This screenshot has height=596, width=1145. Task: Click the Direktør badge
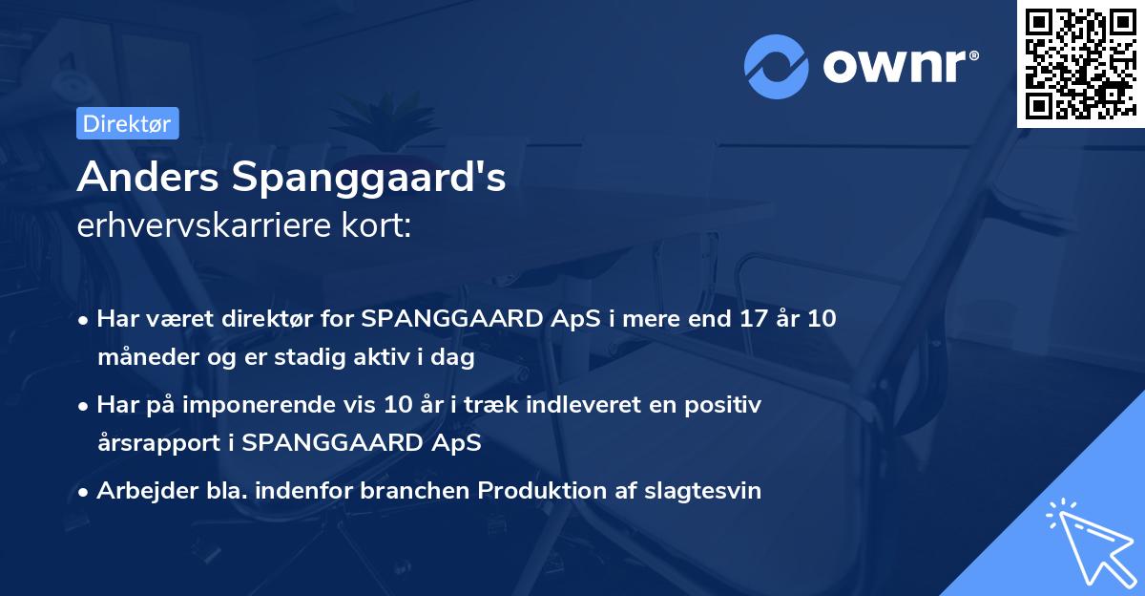pos(127,123)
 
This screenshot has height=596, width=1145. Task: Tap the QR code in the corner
pos(1080,63)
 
